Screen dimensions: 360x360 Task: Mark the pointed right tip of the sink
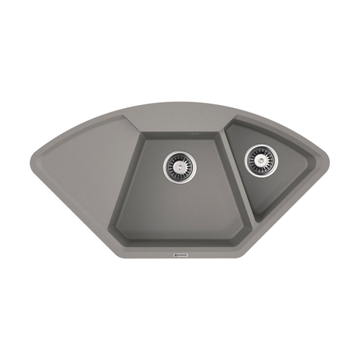point(329,158)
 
